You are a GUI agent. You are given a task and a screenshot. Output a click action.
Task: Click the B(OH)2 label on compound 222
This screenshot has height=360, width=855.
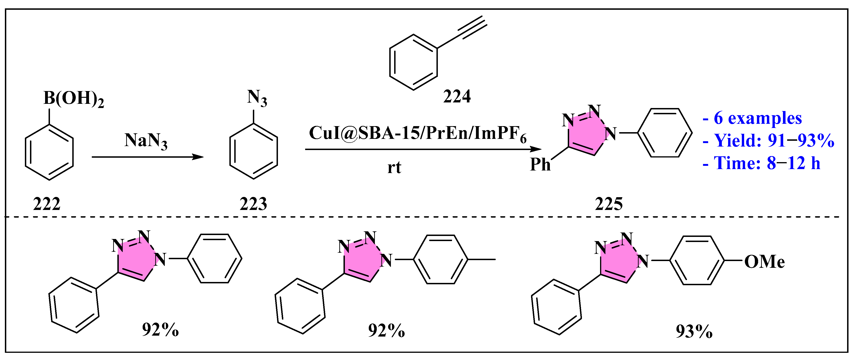[x=73, y=99]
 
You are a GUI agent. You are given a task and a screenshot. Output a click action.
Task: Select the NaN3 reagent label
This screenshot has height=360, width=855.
[x=146, y=141]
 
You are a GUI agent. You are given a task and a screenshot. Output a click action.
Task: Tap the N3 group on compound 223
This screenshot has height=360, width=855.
[x=257, y=98]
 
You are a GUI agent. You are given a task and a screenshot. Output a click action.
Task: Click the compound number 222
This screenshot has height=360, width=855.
[x=47, y=204]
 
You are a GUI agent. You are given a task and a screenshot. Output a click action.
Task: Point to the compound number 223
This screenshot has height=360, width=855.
[x=253, y=204]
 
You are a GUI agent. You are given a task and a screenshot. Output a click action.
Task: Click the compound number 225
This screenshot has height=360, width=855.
[x=608, y=204]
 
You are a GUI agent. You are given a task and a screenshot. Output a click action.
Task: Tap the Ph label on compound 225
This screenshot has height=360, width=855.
[x=540, y=164]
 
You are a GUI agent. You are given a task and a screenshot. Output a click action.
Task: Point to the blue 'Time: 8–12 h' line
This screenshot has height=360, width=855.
[x=761, y=163]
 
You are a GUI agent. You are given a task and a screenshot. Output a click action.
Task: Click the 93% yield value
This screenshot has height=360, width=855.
[x=694, y=331]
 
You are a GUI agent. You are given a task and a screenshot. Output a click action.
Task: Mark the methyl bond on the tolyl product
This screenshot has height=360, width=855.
[x=482, y=259]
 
